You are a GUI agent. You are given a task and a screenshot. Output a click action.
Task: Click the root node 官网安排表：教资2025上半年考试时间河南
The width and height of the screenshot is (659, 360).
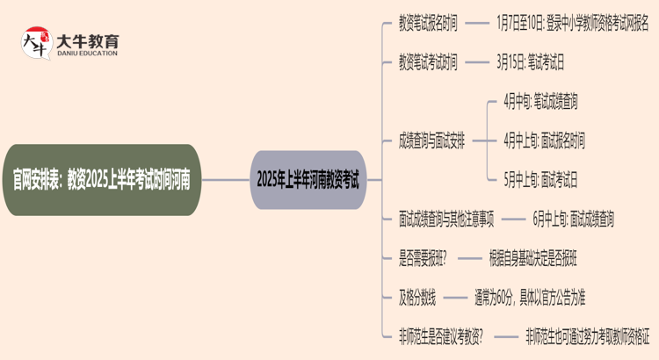[106, 180]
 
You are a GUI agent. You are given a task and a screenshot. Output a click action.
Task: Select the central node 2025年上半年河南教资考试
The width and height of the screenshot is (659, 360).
[308, 180]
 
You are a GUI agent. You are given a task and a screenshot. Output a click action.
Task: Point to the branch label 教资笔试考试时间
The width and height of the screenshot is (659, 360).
[428, 61]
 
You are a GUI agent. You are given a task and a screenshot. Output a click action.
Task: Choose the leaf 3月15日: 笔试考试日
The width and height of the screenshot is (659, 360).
[530, 61]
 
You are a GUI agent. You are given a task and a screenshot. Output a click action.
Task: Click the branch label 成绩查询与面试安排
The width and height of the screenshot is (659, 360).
[432, 140]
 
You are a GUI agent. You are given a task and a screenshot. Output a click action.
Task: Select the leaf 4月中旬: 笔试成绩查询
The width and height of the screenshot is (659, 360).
[540, 101]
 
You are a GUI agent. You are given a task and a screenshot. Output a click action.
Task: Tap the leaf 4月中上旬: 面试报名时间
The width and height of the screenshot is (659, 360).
[544, 140]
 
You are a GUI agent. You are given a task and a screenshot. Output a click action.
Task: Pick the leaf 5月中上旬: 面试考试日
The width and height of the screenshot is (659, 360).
[540, 180]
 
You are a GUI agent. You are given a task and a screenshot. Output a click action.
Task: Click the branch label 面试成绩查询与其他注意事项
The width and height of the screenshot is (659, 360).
[446, 220]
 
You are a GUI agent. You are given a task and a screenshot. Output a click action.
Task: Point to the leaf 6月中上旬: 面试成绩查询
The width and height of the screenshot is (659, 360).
[573, 220]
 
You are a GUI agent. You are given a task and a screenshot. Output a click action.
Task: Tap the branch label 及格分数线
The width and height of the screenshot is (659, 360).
[417, 298]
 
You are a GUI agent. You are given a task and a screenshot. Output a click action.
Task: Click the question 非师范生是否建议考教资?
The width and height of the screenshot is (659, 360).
[446, 336]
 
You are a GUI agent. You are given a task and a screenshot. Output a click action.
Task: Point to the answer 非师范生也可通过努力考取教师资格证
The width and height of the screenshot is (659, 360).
[587, 336]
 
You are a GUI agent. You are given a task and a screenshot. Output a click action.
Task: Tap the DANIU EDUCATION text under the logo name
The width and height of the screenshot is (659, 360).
[88, 54]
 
